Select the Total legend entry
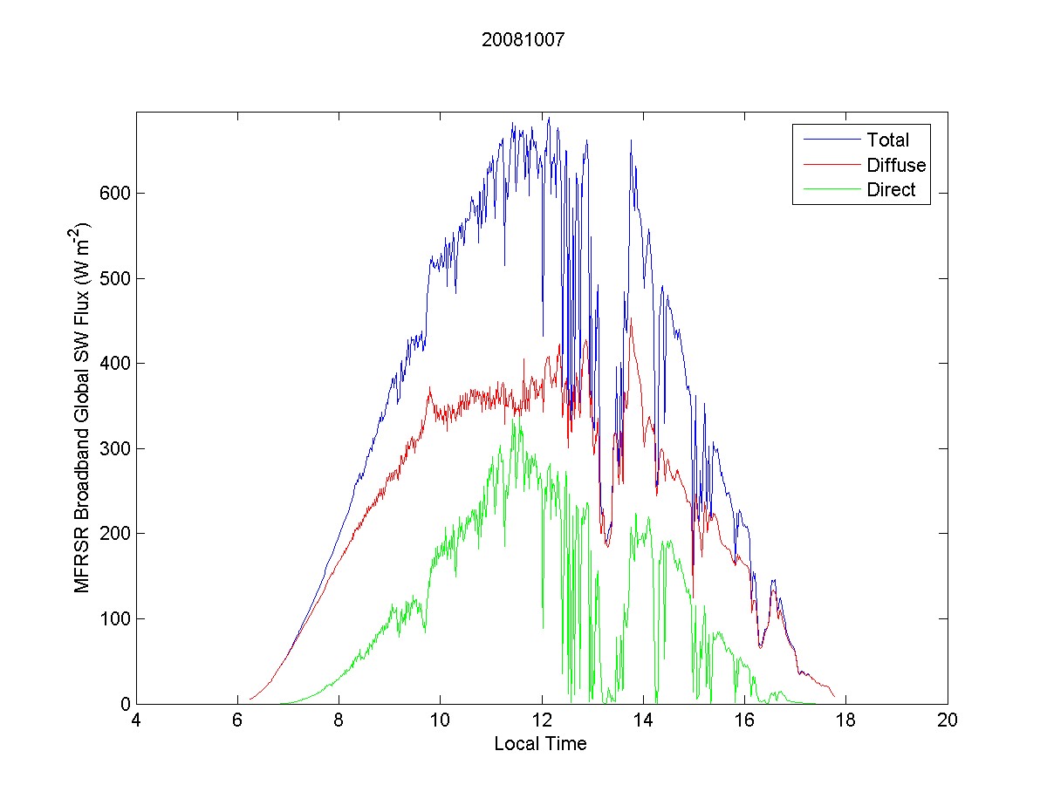point(887,140)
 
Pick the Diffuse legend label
point(896,165)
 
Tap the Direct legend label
point(891,191)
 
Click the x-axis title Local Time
point(540,744)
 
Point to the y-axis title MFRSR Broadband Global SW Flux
point(83,408)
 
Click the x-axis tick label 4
point(136,720)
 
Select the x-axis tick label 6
point(237,720)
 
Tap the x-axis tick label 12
point(542,720)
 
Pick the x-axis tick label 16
point(744,720)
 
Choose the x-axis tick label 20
point(948,720)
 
